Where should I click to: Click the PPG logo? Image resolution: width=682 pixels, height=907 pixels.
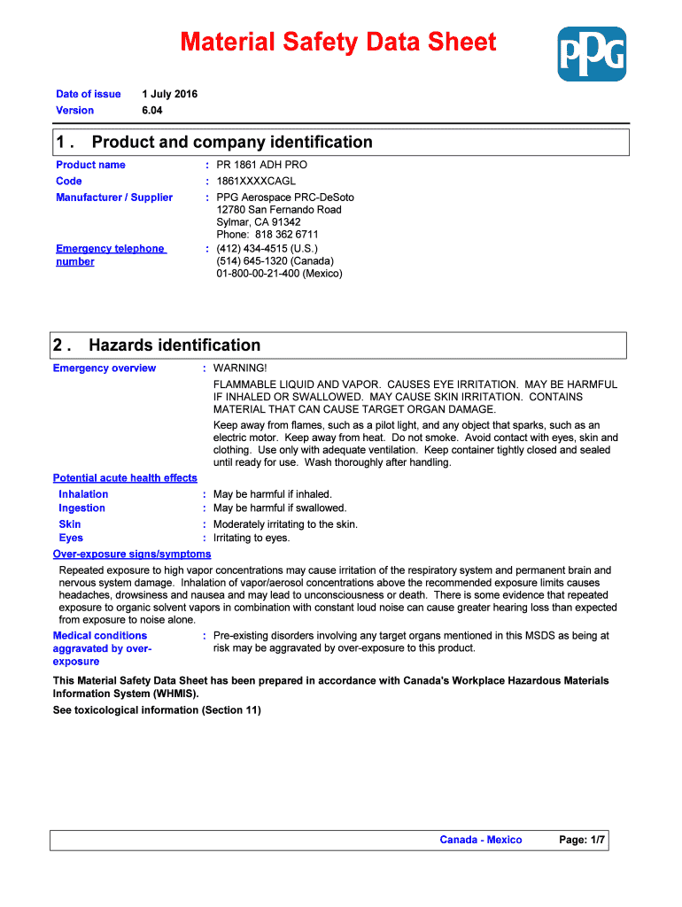tap(591, 54)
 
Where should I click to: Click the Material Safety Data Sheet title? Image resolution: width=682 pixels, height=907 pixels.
tap(338, 42)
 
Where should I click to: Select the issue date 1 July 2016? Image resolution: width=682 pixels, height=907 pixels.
tap(170, 94)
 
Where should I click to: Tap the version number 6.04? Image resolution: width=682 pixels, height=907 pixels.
tap(152, 111)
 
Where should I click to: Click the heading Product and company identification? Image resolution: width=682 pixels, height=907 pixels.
tap(232, 143)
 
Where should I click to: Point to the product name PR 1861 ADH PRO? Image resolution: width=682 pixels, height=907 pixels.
tap(262, 165)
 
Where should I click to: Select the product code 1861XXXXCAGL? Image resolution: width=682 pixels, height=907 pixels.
tap(256, 181)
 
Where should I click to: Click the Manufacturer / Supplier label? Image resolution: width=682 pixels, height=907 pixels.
tap(114, 198)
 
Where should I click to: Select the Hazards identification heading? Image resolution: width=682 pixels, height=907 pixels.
tap(174, 345)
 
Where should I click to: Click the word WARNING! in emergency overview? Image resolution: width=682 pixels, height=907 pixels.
tap(240, 368)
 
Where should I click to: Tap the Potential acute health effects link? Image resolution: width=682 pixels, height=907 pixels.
tap(125, 478)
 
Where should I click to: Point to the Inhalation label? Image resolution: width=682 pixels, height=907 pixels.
tap(83, 494)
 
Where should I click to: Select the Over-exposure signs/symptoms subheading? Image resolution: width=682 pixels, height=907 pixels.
tap(132, 554)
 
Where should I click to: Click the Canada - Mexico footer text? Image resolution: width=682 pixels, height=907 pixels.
tap(481, 840)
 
